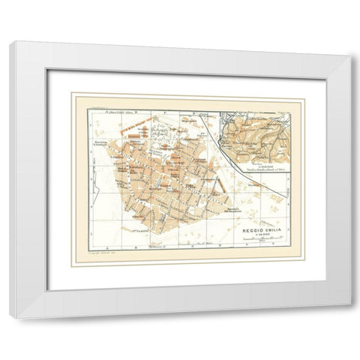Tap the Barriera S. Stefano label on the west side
tap(106, 147)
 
